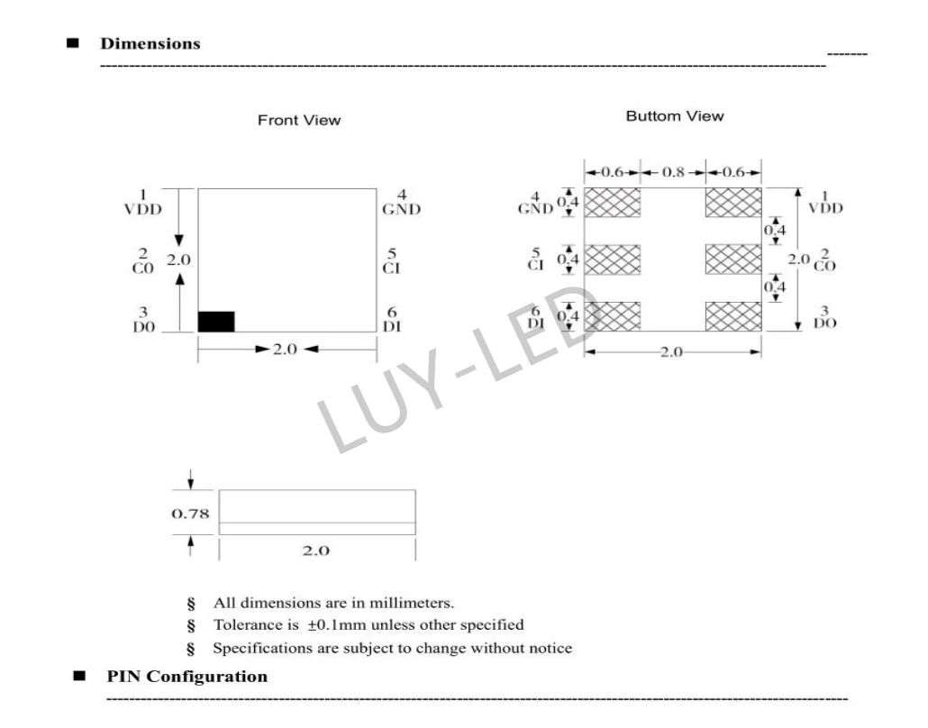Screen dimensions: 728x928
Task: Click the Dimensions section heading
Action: click(150, 44)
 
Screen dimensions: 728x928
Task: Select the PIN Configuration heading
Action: click(187, 677)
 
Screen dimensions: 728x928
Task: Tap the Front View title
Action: click(299, 121)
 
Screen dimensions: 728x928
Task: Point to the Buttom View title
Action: click(674, 116)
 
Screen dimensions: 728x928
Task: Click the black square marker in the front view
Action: click(216, 322)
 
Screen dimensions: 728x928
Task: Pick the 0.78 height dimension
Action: click(191, 514)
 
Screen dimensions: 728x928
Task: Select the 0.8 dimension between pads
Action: click(673, 172)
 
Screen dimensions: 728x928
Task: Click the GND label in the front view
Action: click(401, 210)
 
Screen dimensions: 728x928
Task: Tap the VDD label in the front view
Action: click(143, 209)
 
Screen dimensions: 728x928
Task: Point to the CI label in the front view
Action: click(392, 268)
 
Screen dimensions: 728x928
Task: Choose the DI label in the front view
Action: click(392, 327)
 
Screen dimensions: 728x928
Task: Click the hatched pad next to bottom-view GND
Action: click(613, 203)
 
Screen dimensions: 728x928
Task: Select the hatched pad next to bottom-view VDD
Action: click(733, 203)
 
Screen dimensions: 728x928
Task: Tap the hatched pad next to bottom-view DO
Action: click(733, 316)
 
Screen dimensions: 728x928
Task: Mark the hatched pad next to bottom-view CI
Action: click(613, 259)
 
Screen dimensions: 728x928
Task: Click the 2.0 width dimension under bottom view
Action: click(672, 352)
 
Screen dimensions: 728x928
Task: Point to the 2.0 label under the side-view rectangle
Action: click(315, 551)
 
